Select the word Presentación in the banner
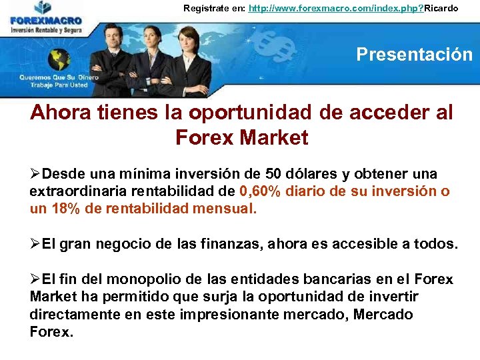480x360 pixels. (414, 54)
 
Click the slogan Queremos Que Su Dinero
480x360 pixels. (59, 77)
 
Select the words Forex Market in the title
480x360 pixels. (241, 137)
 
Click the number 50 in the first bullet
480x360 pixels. (274, 174)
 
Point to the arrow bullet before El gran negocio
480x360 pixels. (35, 244)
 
